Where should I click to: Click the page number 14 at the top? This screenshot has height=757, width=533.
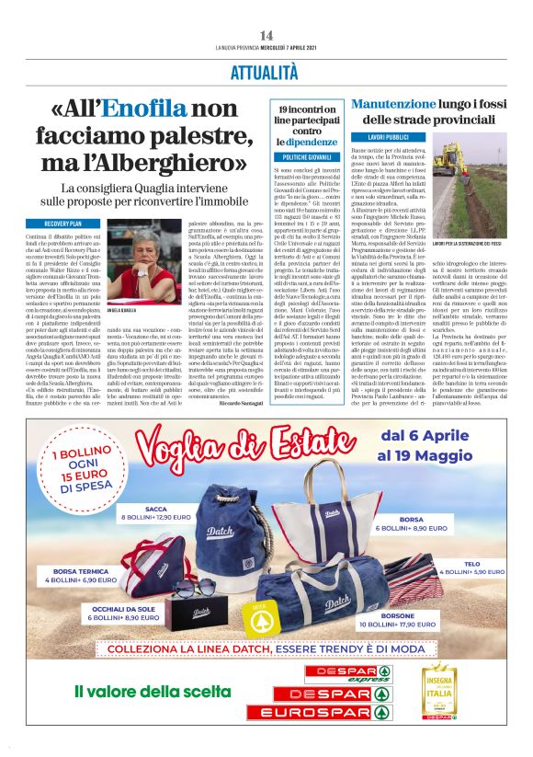(266, 34)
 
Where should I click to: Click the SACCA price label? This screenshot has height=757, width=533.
(166, 513)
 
